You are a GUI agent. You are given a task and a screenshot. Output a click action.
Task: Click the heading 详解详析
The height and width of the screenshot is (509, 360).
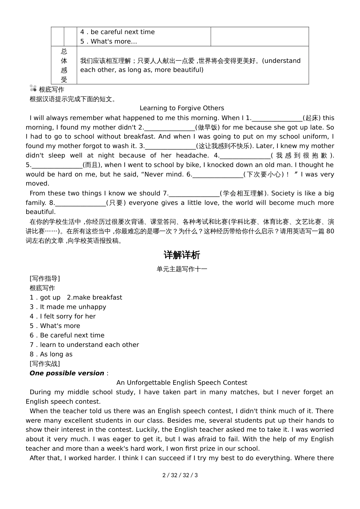pyautogui.click(x=182, y=255)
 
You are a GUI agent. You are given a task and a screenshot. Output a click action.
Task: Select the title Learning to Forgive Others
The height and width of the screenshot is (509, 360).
pyautogui.click(x=182, y=108)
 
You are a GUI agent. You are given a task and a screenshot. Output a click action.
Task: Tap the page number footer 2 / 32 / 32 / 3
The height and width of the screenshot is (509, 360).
pyautogui.click(x=180, y=475)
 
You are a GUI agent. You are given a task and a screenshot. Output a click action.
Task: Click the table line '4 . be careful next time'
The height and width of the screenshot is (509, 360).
pyautogui.click(x=117, y=32)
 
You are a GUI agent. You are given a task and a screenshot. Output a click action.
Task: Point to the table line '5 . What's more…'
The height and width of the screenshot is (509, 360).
pyautogui.click(x=109, y=42)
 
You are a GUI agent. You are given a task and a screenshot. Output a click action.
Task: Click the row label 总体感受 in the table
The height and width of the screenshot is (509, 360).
pyautogui.click(x=64, y=65)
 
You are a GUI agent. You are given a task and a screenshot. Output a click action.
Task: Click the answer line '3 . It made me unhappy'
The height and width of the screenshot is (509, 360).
pyautogui.click(x=68, y=307)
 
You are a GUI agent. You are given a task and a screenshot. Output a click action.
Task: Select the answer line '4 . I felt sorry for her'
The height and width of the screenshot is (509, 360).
pyautogui.click(x=63, y=316)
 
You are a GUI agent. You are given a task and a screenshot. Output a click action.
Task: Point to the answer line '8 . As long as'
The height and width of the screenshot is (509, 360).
pyautogui.click(x=51, y=354)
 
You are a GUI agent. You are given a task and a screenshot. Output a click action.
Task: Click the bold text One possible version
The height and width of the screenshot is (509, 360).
pyautogui.click(x=67, y=373)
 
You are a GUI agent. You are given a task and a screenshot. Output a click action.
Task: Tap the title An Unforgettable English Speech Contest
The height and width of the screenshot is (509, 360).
pyautogui.click(x=182, y=383)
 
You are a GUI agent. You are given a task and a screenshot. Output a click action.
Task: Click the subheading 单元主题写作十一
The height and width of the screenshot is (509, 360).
pyautogui.click(x=182, y=269)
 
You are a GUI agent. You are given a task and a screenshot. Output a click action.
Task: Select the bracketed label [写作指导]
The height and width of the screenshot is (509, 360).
pyautogui.click(x=45, y=278)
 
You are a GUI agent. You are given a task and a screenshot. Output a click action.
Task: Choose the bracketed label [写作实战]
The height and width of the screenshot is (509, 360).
pyautogui.click(x=45, y=364)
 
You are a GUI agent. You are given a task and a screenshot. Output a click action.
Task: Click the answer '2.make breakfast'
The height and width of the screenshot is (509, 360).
pyautogui.click(x=94, y=297)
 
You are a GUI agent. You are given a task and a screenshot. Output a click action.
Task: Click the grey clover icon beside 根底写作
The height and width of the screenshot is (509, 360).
pyautogui.click(x=33, y=89)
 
